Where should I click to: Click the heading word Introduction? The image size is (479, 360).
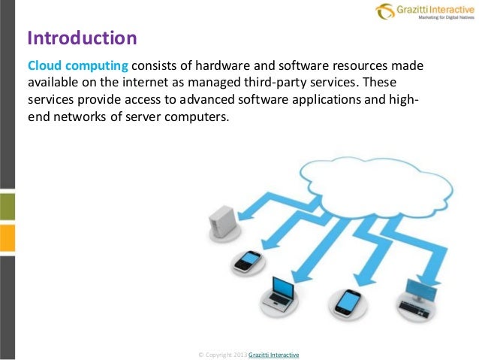pos(82,37)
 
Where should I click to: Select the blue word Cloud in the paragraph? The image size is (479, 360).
pos(46,65)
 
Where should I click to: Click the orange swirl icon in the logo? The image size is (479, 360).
pos(384,11)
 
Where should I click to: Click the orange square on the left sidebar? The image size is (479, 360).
pos(6,236)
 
